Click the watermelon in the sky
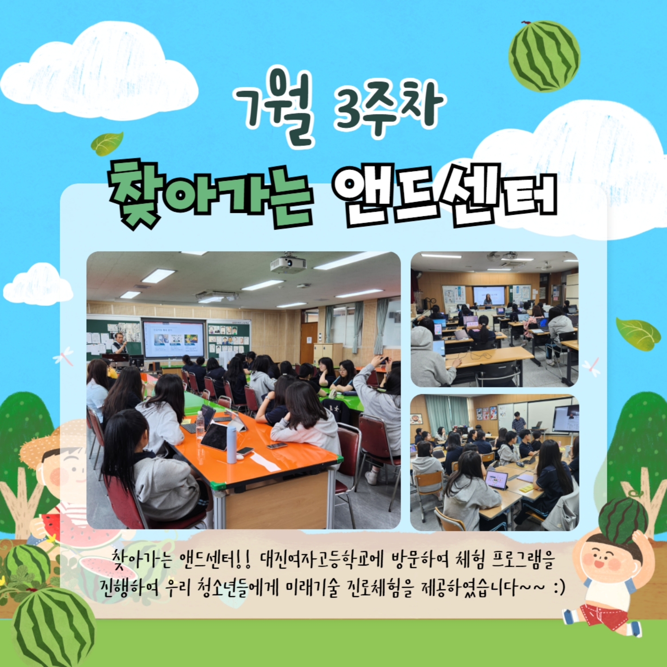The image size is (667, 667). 544,56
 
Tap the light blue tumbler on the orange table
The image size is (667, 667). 232,445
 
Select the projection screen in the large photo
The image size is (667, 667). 174,339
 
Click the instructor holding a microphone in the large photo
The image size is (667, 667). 120,343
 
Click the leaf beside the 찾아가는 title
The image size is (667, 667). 107,143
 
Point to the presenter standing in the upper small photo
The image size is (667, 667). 488,300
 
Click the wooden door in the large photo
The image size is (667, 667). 308,343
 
